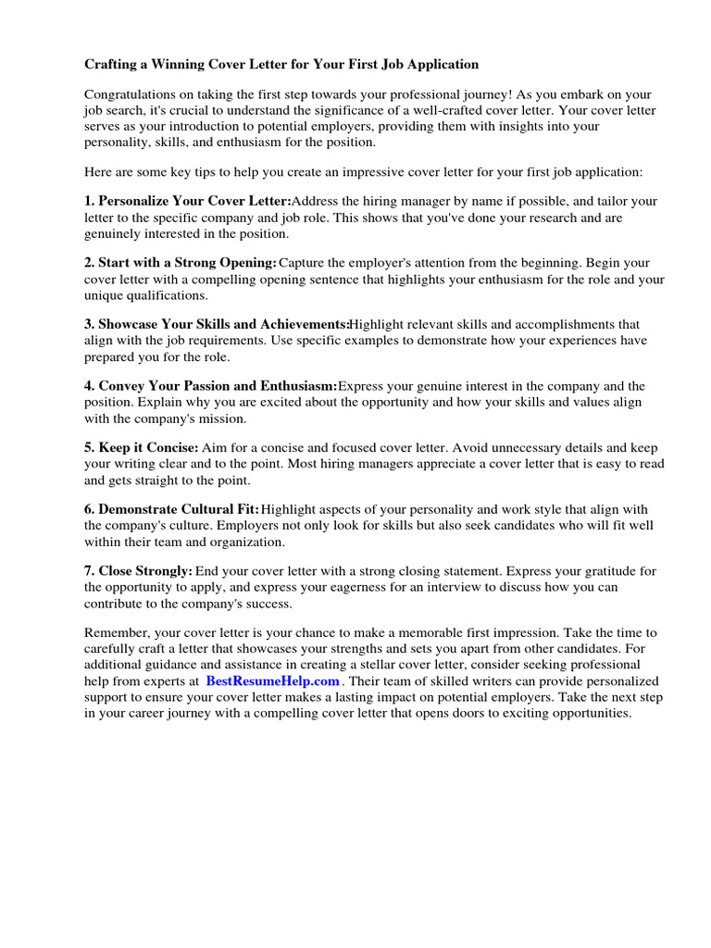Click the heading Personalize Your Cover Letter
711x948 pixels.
click(x=194, y=201)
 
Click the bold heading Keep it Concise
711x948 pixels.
click(x=148, y=447)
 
